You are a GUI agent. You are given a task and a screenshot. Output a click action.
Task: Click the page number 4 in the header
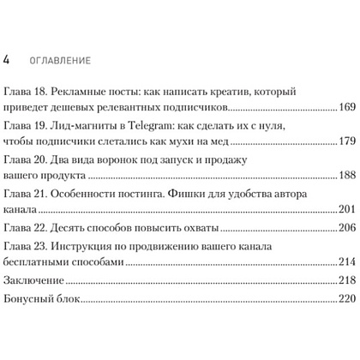8,61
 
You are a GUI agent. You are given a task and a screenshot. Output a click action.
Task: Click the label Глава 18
25,92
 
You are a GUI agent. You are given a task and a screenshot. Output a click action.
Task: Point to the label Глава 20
25,159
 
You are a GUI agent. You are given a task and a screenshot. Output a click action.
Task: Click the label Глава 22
25,228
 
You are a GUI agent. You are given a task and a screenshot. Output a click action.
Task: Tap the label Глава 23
25,248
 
